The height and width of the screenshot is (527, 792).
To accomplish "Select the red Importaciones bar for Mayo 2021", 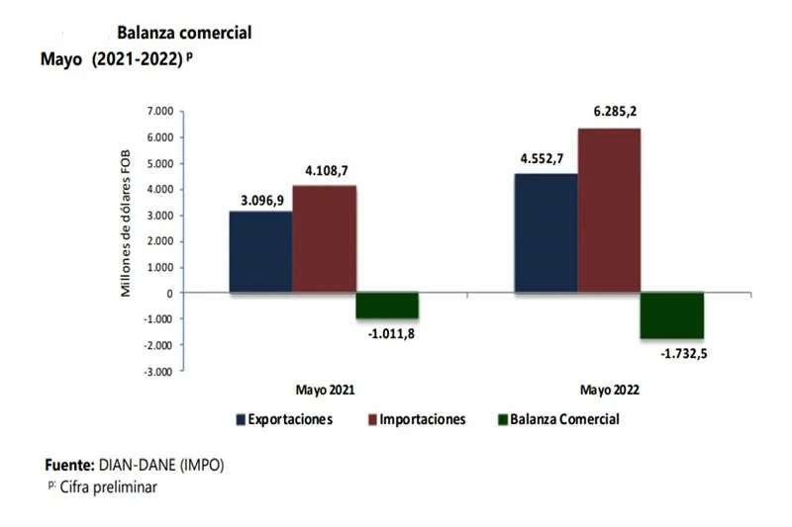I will click(x=324, y=238).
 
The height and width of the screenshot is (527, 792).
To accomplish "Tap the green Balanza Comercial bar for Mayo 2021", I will click(x=387, y=306).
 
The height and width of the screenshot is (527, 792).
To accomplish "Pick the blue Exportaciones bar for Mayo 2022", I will click(x=545, y=232).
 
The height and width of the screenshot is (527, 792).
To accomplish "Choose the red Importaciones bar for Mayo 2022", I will click(x=609, y=211).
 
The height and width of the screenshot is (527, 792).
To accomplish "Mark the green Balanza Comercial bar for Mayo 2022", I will click(x=672, y=315).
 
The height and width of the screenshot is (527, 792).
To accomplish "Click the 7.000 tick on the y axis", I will click(x=158, y=111).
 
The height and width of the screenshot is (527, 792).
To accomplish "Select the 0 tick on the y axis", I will click(x=170, y=293).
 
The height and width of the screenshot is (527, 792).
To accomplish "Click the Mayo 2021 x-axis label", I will click(x=325, y=391).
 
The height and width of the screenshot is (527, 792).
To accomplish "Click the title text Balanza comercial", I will click(x=184, y=33).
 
